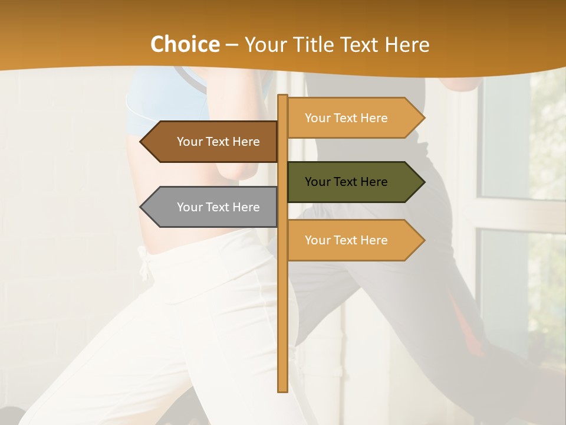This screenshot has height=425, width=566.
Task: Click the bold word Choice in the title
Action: (x=185, y=45)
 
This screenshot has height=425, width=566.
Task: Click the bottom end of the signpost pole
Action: (x=282, y=390)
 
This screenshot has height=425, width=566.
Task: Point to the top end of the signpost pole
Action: (x=282, y=97)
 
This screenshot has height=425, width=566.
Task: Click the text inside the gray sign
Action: (x=218, y=207)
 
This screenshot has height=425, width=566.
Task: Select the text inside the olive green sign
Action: (x=346, y=182)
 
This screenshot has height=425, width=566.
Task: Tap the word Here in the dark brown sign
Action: (x=246, y=142)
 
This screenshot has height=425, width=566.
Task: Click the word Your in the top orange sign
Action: (x=317, y=118)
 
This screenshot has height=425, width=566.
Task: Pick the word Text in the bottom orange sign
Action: (x=345, y=240)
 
